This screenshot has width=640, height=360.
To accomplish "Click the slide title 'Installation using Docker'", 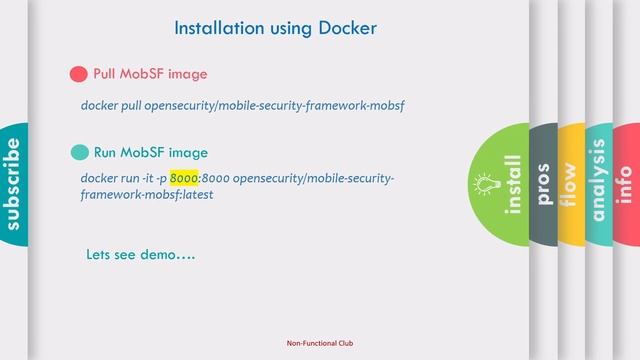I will coord(275,29).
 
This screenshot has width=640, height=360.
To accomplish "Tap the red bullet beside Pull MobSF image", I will coord(78,74).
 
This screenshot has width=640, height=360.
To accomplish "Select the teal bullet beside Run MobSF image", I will coord(79,153).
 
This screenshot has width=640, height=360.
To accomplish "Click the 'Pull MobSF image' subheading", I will coord(150,74).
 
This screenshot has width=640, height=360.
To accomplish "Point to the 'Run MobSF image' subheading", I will coord(150,153).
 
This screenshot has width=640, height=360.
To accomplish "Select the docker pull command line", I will coord(242,105).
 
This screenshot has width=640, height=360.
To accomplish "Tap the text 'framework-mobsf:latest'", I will coord(146,195).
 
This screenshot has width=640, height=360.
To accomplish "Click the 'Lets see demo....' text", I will coord(141,255).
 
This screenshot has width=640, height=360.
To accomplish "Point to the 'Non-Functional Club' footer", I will coord(319,343).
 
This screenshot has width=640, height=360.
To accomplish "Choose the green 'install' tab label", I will coord(514,185).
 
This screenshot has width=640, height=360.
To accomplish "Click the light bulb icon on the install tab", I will coord(487,184).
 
